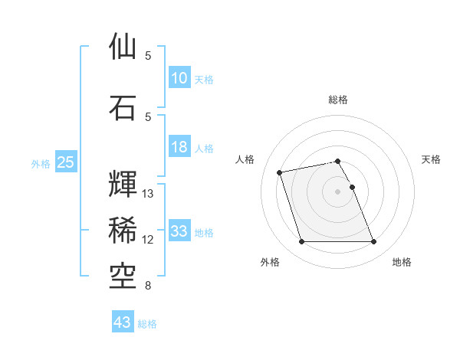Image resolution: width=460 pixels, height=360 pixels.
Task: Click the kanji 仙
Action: click(x=123, y=47)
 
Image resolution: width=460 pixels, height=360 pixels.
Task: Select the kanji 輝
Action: click(x=123, y=183)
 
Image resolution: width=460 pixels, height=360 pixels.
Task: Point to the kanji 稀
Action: click(x=123, y=229)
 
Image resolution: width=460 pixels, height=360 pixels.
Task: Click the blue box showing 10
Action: click(x=179, y=78)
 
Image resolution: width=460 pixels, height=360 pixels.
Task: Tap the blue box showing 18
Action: click(x=179, y=147)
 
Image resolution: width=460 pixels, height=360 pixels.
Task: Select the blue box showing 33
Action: click(x=179, y=231)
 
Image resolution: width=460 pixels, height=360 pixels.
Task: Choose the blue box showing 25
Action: click(x=65, y=162)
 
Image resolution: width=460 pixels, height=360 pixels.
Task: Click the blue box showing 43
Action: click(x=122, y=322)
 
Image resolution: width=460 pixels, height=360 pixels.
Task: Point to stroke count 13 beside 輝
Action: click(x=148, y=194)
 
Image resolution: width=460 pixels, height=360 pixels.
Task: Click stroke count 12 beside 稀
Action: click(x=148, y=240)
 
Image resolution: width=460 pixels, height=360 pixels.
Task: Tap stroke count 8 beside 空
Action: click(x=148, y=286)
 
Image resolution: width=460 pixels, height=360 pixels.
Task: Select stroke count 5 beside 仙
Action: click(x=148, y=56)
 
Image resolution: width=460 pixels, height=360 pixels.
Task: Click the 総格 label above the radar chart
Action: click(x=338, y=100)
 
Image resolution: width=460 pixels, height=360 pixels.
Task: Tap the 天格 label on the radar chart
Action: click(x=431, y=159)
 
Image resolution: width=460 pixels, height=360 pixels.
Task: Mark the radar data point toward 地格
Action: click(x=373, y=242)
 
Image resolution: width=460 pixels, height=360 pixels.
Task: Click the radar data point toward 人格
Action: click(x=280, y=172)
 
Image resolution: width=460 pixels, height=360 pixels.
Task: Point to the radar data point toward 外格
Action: click(x=301, y=242)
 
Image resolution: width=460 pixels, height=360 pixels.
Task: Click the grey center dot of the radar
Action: click(x=338, y=191)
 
